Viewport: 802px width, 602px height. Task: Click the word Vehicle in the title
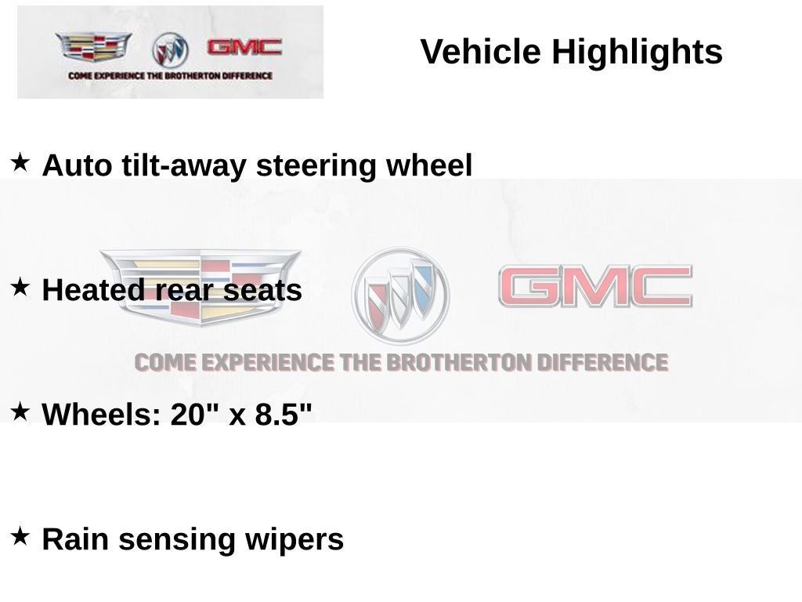point(480,52)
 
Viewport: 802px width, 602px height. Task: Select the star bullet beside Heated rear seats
point(20,287)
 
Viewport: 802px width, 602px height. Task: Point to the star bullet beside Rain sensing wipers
point(20,536)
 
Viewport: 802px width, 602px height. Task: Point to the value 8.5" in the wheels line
point(284,414)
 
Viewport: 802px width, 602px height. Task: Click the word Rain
point(75,539)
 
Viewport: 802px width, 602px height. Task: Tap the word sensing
point(176,542)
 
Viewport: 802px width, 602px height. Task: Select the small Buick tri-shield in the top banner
point(170,49)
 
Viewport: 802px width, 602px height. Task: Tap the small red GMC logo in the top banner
point(244,48)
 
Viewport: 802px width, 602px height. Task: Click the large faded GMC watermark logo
point(595,286)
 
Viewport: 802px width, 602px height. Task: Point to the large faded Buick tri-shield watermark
point(400,296)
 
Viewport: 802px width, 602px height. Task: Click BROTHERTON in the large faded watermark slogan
point(458,363)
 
